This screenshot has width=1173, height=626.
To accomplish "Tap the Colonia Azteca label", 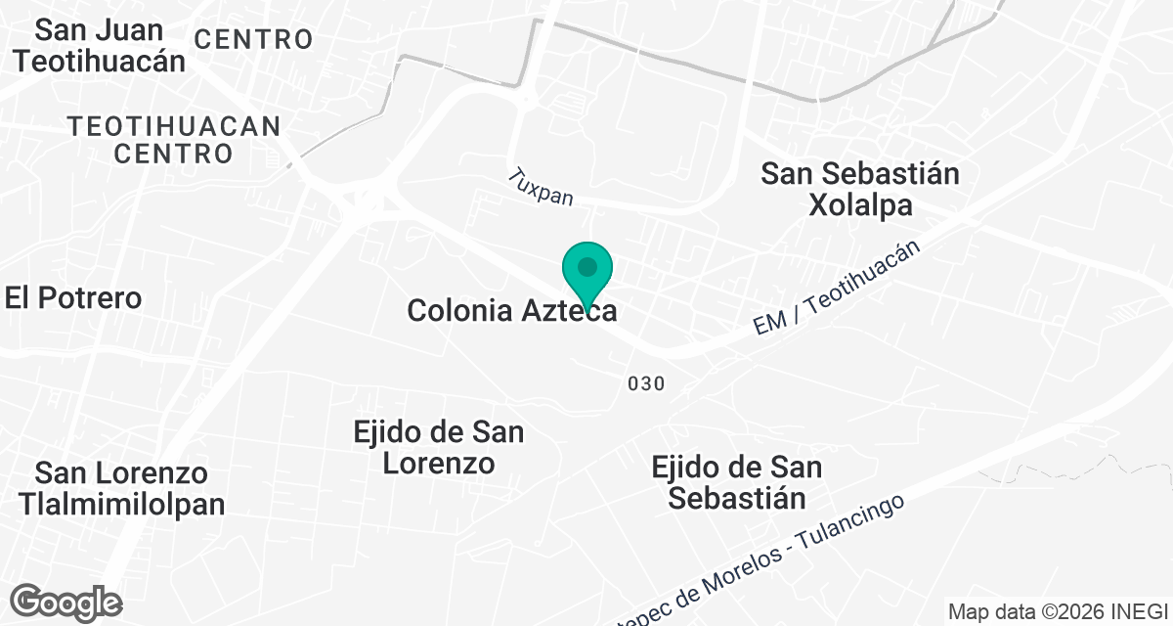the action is [x=511, y=311].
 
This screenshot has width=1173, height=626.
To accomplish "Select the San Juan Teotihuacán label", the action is [x=99, y=45].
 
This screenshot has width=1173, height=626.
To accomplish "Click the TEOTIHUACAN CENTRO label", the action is [x=174, y=140].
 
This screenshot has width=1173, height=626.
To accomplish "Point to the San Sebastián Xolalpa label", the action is [x=860, y=190].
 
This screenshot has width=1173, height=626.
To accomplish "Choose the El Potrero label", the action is [x=73, y=298].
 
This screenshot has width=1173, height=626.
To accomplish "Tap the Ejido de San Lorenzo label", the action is [x=439, y=447].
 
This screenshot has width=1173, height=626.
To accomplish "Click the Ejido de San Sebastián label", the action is [x=737, y=482].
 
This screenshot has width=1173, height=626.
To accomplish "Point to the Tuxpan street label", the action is [x=540, y=186].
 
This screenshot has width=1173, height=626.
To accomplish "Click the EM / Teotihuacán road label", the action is [x=839, y=290].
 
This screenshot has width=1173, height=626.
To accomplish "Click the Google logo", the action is [x=66, y=602].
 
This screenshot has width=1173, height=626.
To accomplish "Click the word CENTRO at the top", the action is [x=253, y=40].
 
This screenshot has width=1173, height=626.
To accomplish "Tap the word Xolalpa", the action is [x=860, y=205].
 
